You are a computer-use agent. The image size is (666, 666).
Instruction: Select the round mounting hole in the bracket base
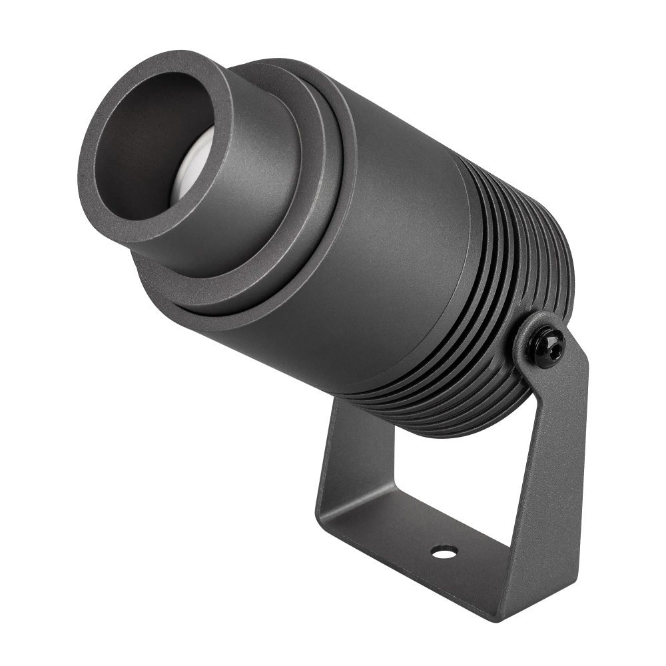[444, 551]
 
